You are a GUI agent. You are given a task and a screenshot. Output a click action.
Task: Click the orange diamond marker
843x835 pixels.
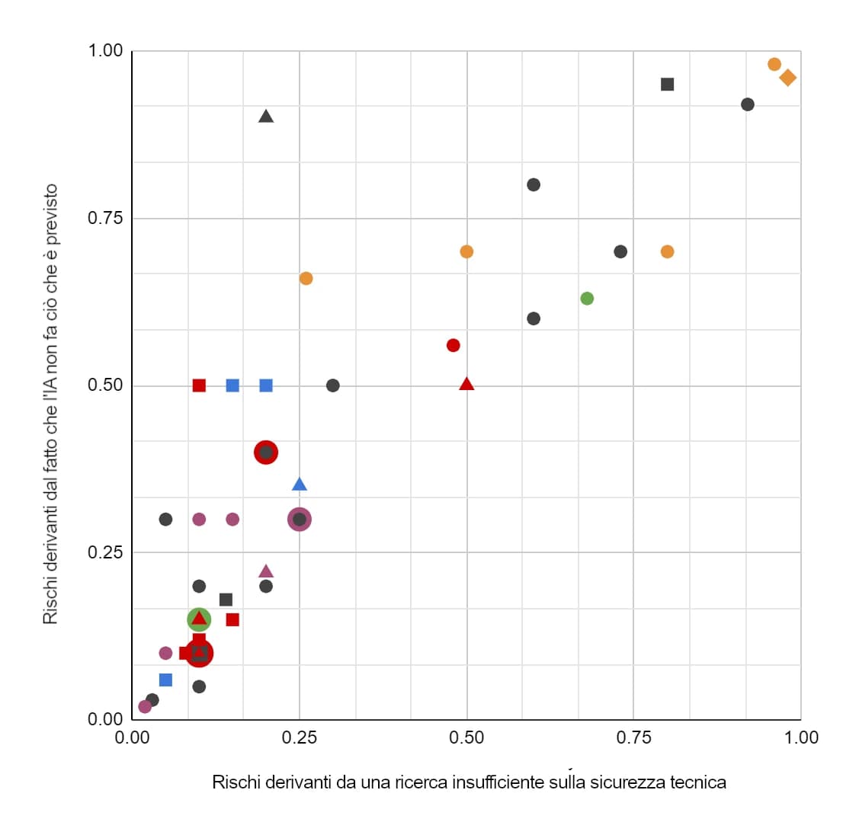[787, 77]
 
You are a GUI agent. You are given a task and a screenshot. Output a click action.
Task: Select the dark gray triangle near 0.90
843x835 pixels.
[266, 117]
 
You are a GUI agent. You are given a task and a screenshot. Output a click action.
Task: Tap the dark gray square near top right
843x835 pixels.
[667, 84]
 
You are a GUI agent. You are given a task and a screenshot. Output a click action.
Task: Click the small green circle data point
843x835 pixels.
[587, 298]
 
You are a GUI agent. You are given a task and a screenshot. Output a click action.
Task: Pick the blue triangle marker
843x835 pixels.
[300, 485]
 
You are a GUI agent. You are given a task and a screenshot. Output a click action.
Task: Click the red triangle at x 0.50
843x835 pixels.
[466, 384]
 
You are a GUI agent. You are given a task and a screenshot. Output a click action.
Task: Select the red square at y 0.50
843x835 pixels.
[199, 386]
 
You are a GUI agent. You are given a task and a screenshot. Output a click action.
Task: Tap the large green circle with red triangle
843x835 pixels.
[199, 619]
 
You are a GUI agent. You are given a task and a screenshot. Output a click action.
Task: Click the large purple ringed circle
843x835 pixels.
[300, 520]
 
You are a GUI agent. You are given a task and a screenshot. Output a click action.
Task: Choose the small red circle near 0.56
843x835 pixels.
[454, 345]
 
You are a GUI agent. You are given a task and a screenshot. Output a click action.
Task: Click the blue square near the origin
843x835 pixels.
[165, 680]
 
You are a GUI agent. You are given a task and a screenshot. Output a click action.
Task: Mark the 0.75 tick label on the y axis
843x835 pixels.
[104, 218]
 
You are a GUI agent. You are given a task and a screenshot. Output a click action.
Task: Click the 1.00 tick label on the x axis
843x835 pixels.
[800, 737]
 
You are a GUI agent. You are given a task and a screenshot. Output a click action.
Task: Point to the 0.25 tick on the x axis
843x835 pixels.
[300, 737]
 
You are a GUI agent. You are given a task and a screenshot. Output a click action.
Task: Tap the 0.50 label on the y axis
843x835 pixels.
[104, 385]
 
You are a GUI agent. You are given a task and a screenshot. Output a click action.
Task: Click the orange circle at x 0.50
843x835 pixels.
[466, 251]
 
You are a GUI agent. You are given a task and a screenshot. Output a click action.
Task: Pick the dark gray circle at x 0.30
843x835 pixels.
[333, 386]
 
